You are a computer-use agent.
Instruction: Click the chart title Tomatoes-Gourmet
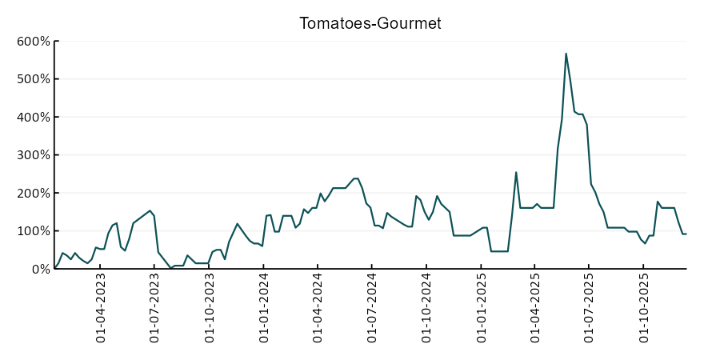tap(370, 23)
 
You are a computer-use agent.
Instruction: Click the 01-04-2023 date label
tap(101, 310)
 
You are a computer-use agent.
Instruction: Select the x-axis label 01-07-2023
tap(155, 310)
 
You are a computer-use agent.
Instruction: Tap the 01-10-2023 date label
tap(210, 310)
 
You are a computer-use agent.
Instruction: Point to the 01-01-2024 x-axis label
tap(264, 310)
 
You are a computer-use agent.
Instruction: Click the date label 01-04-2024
tap(318, 310)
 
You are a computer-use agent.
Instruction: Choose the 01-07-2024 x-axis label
tap(372, 310)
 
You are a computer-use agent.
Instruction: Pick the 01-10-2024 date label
tap(426, 310)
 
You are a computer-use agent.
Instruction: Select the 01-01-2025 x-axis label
tap(482, 310)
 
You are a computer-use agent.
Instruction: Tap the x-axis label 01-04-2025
tap(535, 310)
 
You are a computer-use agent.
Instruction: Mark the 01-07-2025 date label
tap(589, 310)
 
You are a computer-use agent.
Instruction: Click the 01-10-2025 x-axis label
tap(643, 310)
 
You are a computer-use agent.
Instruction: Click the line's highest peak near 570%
tap(566, 54)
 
